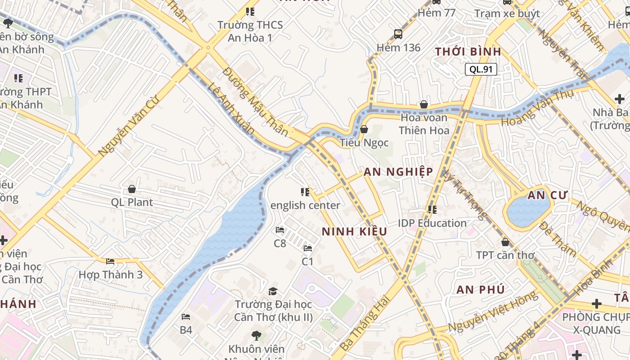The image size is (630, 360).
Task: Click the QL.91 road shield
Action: coord(481,69)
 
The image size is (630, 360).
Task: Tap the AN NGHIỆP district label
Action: coord(398,171)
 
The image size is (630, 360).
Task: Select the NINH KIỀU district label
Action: coord(354,231)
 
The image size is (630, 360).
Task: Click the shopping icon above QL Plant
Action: coord(132,189)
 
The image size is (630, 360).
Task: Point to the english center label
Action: coord(305,205)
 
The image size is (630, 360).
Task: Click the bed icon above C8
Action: coord(279,230)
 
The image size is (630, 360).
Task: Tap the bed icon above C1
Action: coord(308,248)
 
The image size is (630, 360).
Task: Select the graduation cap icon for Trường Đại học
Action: coord(273,291)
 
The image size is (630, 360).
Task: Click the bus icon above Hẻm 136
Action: coord(398,34)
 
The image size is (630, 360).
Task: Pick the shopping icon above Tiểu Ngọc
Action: coord(364,130)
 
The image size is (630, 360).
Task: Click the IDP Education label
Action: coord(432,223)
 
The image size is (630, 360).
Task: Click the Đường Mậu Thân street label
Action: coord(255,102)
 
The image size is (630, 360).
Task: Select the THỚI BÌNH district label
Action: coord(468,51)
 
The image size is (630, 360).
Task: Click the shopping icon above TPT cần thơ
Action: coord(505,242)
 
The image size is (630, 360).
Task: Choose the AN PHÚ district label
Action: coord(480,289)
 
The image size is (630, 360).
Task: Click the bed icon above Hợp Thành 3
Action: coord(110,261)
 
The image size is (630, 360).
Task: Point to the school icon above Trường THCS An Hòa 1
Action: coord(250,11)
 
